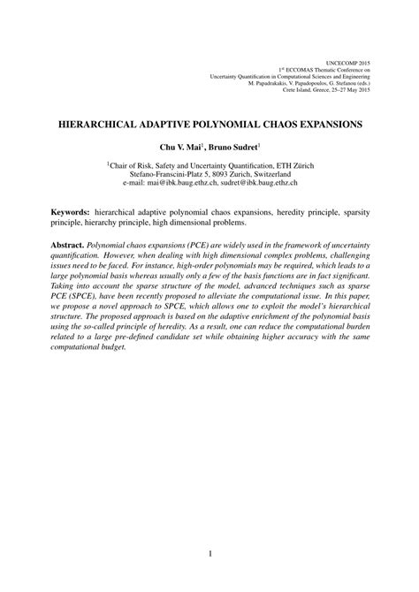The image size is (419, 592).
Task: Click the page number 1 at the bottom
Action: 209,555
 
